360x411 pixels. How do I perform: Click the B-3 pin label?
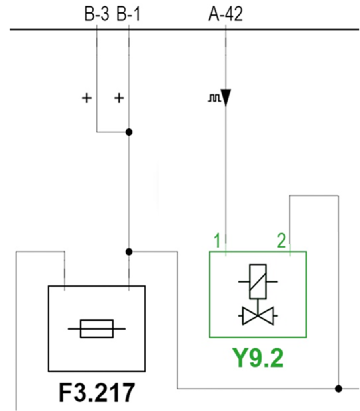[96, 14]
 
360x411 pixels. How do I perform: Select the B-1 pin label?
[128, 14]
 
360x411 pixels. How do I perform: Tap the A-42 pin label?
[226, 14]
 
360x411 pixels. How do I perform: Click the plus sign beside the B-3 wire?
[87, 98]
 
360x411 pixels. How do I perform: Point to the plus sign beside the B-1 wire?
[119, 98]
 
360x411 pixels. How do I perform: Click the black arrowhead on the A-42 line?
[226, 98]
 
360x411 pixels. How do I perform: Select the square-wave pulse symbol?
[214, 98]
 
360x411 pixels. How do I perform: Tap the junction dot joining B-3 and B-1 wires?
[129, 132]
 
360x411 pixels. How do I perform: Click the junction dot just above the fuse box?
[129, 252]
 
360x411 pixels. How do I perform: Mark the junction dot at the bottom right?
[338, 388]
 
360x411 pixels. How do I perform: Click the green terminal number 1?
[217, 241]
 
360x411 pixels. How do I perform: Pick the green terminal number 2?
[281, 241]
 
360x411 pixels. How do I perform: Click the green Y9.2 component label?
[258, 358]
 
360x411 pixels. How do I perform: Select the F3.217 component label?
[97, 393]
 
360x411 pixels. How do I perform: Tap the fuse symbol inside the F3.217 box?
[97, 329]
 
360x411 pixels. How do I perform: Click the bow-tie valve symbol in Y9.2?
[258, 316]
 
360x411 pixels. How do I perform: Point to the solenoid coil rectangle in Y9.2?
[258, 281]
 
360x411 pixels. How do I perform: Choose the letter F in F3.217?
[65, 393]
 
